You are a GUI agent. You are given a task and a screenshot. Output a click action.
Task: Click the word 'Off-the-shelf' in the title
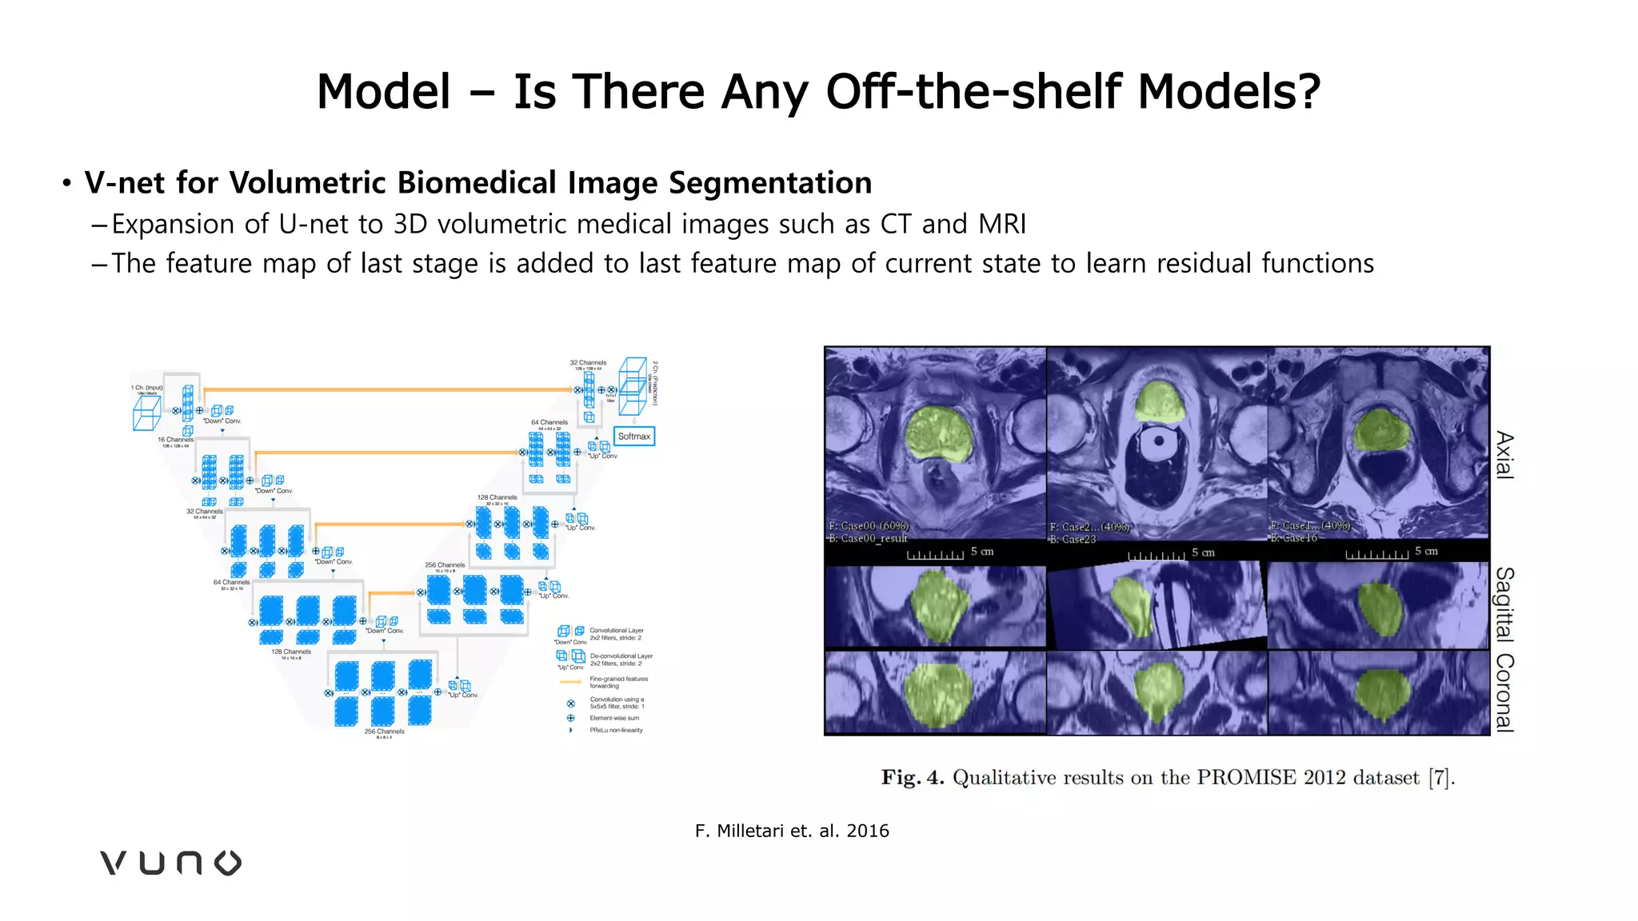(x=974, y=91)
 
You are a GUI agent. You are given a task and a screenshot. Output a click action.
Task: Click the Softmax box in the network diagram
(x=634, y=437)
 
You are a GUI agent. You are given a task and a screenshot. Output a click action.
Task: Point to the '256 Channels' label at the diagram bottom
(x=384, y=732)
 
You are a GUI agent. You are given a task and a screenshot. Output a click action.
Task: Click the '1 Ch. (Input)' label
(x=147, y=388)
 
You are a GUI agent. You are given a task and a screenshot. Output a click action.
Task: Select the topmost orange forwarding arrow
(x=388, y=390)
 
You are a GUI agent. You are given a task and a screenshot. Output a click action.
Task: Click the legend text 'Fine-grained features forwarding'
(x=618, y=682)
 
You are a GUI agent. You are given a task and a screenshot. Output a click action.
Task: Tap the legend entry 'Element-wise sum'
(x=614, y=718)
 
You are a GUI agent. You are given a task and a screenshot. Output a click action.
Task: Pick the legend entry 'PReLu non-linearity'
(x=616, y=730)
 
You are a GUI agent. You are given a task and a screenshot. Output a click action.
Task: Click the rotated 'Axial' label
(x=1504, y=455)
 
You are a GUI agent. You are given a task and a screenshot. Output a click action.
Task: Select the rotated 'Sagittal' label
(x=1504, y=604)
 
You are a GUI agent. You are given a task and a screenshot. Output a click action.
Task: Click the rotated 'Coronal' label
(x=1504, y=692)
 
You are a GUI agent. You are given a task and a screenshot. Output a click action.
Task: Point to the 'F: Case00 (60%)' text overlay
(x=869, y=526)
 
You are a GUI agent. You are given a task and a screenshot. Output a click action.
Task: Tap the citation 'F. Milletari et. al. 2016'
(x=792, y=831)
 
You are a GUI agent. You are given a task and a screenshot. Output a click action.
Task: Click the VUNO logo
(x=170, y=863)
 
